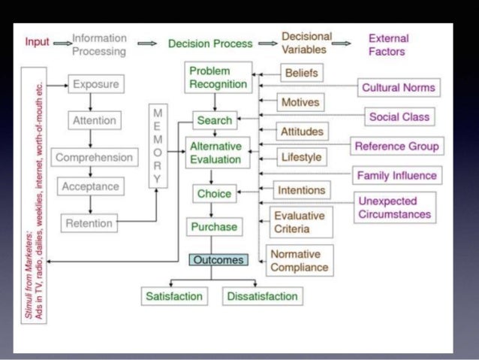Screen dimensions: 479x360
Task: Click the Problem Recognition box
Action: pos(216,77)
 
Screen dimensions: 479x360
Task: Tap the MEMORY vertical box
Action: pos(158,147)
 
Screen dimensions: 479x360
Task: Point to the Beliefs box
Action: pos(301,74)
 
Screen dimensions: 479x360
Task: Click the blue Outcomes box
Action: pos(217,260)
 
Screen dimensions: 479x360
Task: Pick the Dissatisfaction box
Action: pos(262,296)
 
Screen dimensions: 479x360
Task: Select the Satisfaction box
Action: pos(173,296)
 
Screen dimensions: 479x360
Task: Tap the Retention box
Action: pos(89,223)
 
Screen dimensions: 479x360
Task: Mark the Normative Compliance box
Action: pos(299,260)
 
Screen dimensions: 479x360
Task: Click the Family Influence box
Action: pos(396,176)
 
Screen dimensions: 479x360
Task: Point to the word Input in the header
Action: pos(38,43)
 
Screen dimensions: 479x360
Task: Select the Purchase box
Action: pos(213,226)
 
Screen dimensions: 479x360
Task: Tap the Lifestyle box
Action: pos(301,158)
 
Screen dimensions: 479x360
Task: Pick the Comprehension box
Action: pos(94,158)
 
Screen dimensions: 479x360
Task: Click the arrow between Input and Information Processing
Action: pos(62,44)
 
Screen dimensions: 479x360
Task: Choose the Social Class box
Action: pos(399,116)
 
